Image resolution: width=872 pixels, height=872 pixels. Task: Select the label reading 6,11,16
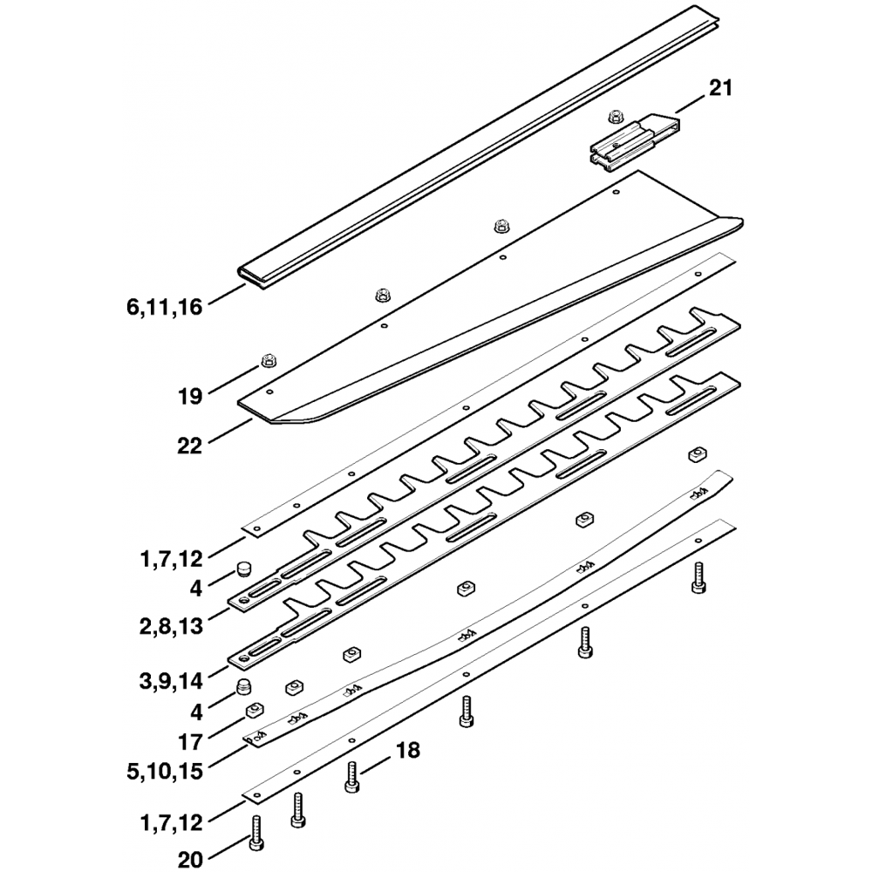tap(165, 307)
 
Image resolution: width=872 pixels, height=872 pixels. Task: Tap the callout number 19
tap(189, 397)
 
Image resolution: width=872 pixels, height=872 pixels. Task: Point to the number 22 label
tap(189, 446)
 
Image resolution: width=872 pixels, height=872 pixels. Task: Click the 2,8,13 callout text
tap(171, 625)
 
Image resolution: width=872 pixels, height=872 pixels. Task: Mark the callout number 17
tap(189, 742)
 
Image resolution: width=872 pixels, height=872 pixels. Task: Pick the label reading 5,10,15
tap(165, 772)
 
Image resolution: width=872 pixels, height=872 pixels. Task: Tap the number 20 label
tap(189, 860)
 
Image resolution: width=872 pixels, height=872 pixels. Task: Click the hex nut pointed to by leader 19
tap(268, 362)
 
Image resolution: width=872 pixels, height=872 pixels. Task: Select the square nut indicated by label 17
tap(255, 710)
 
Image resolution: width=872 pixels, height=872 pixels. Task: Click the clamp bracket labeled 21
tap(634, 143)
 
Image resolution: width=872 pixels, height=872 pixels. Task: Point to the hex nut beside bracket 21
tap(615, 116)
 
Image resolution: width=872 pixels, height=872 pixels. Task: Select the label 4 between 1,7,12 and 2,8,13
tap(195, 588)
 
